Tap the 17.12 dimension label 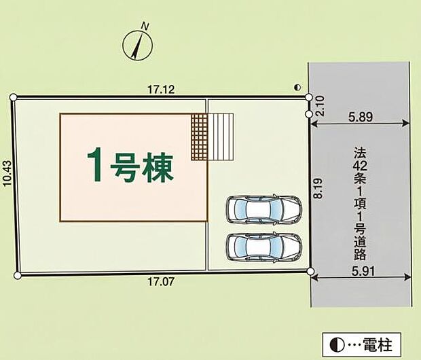pyautogui.click(x=158, y=89)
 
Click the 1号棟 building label pyautogui.click(x=130, y=165)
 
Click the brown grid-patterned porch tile pyautogui.click(x=198, y=137)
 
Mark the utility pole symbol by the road pyautogui.click(x=297, y=88)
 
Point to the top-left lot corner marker pyautogui.click(x=14, y=98)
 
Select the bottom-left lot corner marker pyautogui.click(x=18, y=276)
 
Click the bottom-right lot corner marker pyautogui.click(x=310, y=272)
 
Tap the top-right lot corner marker pyautogui.click(x=308, y=98)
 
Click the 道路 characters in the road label pyautogui.click(x=360, y=248)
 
